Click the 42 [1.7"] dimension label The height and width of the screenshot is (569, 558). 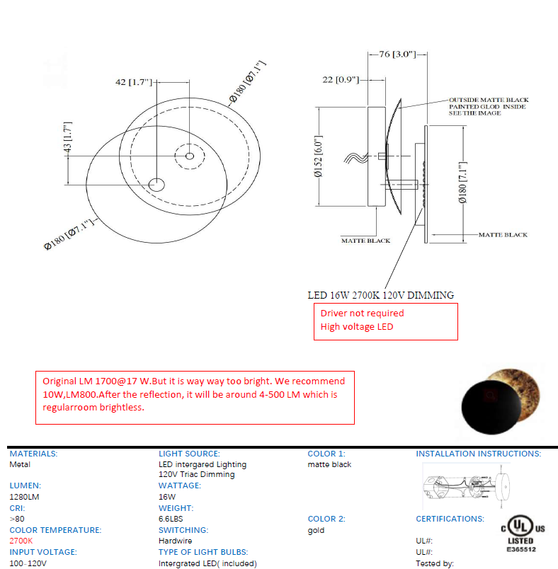coord(134,82)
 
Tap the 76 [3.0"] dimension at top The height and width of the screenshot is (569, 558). coord(391,54)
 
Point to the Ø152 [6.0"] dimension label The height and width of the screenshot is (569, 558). coord(318,156)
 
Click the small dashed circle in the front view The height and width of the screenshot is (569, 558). coord(189,156)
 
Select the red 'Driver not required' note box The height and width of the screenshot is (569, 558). coord(385,321)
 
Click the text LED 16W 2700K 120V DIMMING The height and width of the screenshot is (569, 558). coord(380,294)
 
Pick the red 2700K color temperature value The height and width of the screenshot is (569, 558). coord(21,541)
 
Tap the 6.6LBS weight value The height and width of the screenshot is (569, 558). coord(171,519)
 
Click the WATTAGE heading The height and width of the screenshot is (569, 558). coord(180,485)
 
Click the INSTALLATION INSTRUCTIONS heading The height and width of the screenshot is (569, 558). coord(478,454)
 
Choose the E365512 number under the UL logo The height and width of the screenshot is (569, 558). coord(520,549)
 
